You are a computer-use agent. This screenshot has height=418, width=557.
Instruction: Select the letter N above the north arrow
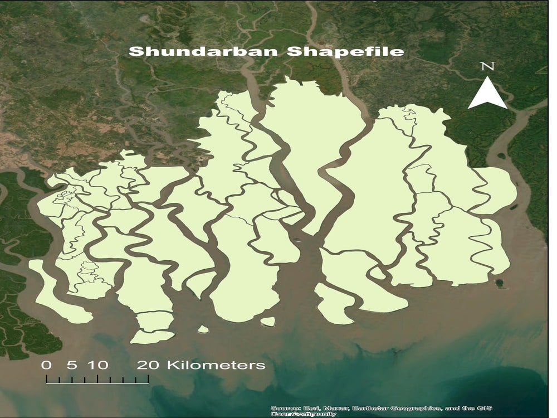487,67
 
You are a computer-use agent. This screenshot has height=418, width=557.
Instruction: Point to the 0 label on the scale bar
47,366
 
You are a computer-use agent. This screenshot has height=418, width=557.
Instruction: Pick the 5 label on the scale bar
71,366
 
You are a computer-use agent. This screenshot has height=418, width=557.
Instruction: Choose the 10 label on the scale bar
97,366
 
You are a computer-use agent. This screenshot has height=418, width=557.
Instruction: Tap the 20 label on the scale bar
149,366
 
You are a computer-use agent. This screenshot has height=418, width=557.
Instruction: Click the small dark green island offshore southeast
500,283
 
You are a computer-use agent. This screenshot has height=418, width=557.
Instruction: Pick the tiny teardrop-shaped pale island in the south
203,329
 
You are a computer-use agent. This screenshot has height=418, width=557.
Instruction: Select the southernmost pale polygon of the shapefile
152,337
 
